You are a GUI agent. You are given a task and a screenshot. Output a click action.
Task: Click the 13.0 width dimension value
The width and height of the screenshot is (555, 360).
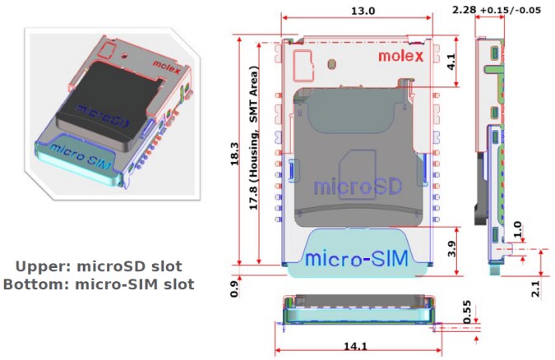363,11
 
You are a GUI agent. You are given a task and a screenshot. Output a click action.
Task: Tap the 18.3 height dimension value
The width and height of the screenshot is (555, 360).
234,155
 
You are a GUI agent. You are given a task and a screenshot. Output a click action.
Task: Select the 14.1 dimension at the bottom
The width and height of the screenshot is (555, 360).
356,346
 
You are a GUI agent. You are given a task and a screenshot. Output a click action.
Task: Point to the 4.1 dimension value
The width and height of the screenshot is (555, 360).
451,62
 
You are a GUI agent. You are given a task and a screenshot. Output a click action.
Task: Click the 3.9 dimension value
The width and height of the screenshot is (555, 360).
451,249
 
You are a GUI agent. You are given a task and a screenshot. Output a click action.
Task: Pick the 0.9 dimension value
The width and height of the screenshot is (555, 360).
234,288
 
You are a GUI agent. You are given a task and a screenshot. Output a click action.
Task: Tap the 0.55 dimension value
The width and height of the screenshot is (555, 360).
467,312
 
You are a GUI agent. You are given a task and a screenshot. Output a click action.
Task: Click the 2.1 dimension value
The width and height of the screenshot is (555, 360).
536,288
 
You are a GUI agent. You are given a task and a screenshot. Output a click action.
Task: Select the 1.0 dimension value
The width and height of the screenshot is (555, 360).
517,229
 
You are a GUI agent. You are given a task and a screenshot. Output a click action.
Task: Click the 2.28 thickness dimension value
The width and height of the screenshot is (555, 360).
464,10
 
